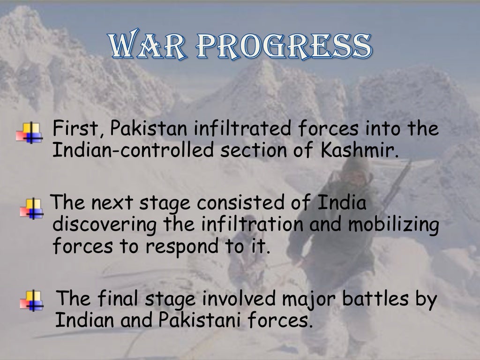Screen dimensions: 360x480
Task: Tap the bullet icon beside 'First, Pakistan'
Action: click(29, 133)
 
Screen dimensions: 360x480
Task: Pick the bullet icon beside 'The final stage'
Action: click(31, 300)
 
